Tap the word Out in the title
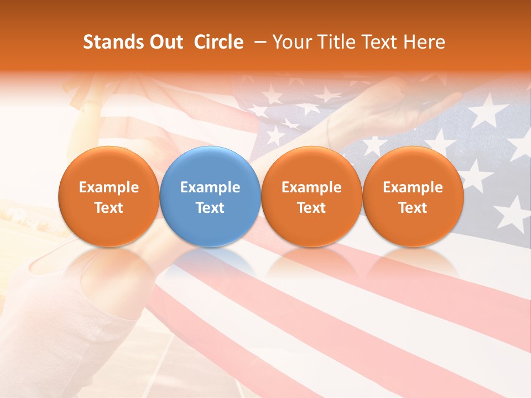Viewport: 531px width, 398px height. tap(164, 42)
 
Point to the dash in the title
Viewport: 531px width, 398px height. tap(258, 42)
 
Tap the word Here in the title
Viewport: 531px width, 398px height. tap(424, 42)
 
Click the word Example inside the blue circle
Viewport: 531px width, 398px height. tap(210, 187)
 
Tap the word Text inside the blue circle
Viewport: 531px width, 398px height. tap(210, 208)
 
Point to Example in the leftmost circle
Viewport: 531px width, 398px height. tap(108, 187)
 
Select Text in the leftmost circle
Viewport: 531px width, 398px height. tap(108, 208)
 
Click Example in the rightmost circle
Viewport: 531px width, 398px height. tap(413, 187)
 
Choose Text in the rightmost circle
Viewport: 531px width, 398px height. tap(413, 208)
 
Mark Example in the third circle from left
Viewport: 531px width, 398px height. tap(311, 187)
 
